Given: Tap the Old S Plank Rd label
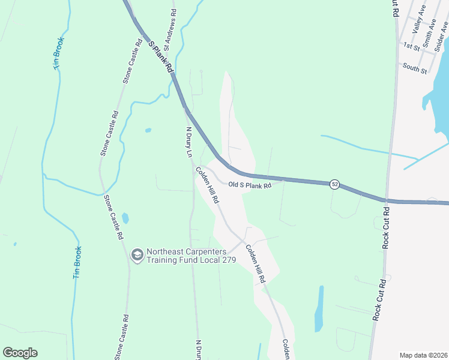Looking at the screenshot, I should pos(250,185).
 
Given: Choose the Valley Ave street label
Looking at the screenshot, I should pos(418,20).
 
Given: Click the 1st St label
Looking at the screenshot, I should pos(411,46).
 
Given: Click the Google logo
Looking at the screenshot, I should pos(20,353).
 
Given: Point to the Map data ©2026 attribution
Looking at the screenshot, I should pos(424,355).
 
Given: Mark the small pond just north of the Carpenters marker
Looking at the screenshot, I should pos(125,218).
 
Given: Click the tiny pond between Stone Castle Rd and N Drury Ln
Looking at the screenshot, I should pos(148,130).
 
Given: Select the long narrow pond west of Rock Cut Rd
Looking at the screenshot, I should pos(319,309).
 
